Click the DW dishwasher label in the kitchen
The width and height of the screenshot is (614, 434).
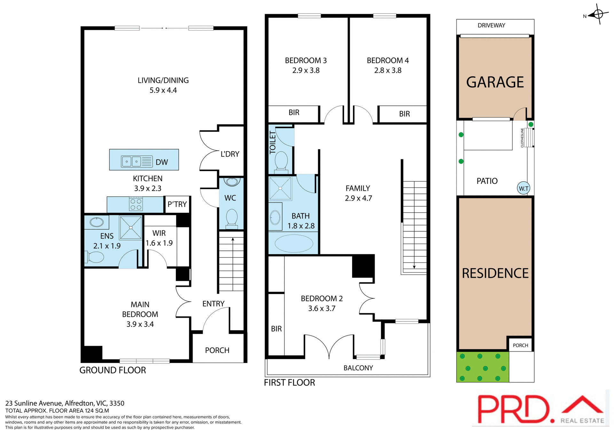[x=161, y=162]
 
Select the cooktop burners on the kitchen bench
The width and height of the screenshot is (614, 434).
[x=136, y=204]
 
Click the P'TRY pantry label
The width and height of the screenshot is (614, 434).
[x=177, y=204]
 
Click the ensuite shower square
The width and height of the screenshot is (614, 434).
[x=130, y=228]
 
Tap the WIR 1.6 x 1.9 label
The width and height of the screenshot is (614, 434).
[x=159, y=238]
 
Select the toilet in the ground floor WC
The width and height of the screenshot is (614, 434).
[x=232, y=218]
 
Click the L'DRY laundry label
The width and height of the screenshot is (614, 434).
[x=230, y=154]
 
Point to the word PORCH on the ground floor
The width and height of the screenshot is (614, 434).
[x=217, y=351]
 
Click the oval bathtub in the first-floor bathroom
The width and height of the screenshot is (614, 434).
[x=294, y=244]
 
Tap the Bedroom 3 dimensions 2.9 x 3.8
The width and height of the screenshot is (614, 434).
[x=306, y=70]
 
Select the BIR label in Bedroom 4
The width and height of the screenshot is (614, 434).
[x=404, y=114]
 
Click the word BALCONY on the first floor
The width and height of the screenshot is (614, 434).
[x=358, y=368]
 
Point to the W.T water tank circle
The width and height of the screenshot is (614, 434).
[x=523, y=188]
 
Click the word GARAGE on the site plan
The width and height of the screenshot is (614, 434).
[x=495, y=82]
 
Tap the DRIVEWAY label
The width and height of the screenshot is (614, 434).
[x=491, y=26]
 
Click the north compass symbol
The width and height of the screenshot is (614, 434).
[x=598, y=14]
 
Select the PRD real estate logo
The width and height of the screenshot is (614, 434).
[x=540, y=410]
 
